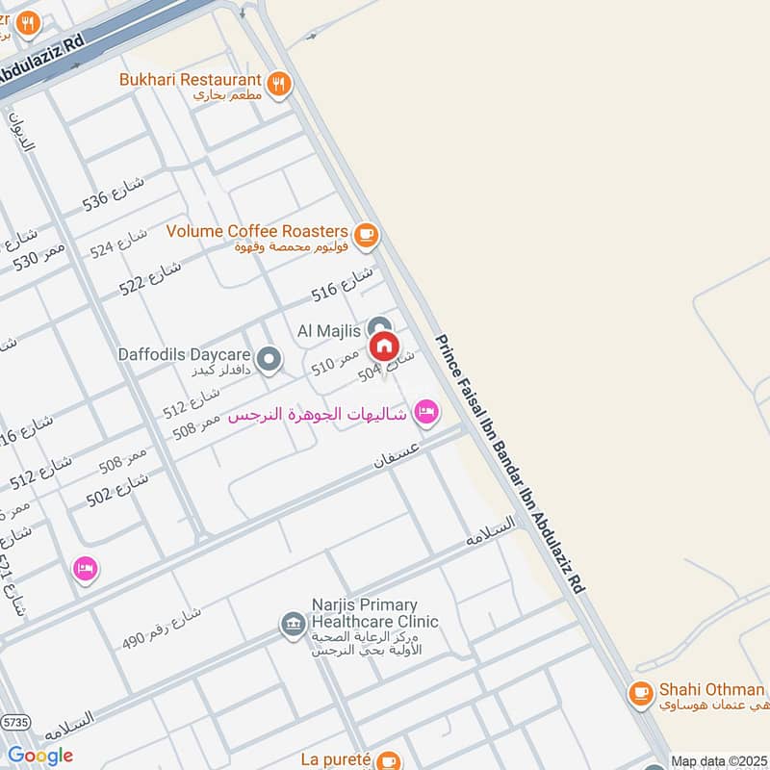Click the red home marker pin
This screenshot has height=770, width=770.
[383, 346]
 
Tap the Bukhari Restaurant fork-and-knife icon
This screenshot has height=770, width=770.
[279, 83]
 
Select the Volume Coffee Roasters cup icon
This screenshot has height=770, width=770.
[365, 233]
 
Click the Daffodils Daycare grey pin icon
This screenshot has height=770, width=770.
[270, 361]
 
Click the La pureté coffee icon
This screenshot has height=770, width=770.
[389, 760]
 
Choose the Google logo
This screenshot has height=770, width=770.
[40, 756]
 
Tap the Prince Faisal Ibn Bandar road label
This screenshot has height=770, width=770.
[510, 463]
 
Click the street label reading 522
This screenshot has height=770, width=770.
[150, 278]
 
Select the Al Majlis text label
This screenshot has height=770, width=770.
[329, 330]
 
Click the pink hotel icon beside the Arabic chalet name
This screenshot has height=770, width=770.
[424, 413]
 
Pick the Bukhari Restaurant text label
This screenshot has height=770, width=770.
[191, 80]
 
